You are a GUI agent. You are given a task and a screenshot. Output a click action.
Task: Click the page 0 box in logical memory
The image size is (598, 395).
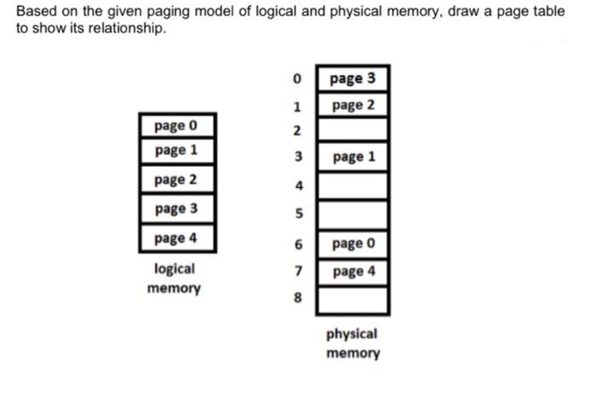[x=176, y=126]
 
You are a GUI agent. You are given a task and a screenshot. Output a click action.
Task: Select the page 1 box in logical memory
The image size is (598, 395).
[x=176, y=151]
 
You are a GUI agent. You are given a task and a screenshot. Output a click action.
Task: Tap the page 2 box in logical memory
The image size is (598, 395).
[x=176, y=180]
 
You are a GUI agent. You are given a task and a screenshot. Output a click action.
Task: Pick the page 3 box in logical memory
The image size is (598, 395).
[x=176, y=208]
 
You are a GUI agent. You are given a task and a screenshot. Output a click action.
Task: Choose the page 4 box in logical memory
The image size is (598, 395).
[x=176, y=237]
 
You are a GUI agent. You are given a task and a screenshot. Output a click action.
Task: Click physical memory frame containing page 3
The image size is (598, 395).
[x=352, y=79]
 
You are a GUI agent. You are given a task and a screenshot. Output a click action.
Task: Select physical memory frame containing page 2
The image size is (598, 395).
[x=352, y=105]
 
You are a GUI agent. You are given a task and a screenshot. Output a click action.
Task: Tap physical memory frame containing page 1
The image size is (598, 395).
[x=352, y=157]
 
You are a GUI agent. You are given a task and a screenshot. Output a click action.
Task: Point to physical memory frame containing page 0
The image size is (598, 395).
[x=352, y=245]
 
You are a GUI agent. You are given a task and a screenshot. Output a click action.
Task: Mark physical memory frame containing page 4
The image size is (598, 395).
[x=352, y=272]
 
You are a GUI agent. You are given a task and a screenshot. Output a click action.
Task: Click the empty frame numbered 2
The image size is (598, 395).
[x=352, y=131]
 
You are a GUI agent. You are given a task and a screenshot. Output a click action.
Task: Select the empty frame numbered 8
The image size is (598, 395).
[x=352, y=299]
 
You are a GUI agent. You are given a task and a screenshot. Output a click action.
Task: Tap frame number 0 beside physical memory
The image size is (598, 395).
[x=297, y=80]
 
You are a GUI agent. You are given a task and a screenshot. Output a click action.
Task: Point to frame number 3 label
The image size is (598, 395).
[x=297, y=158]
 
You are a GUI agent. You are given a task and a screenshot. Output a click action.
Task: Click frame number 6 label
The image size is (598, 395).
[x=297, y=245]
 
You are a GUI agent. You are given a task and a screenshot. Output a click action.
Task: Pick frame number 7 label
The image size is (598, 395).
[x=297, y=272]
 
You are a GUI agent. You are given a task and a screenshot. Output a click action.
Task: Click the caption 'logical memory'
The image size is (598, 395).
[x=174, y=278]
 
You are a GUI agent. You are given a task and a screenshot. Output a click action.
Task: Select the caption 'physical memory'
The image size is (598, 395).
[x=352, y=343]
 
